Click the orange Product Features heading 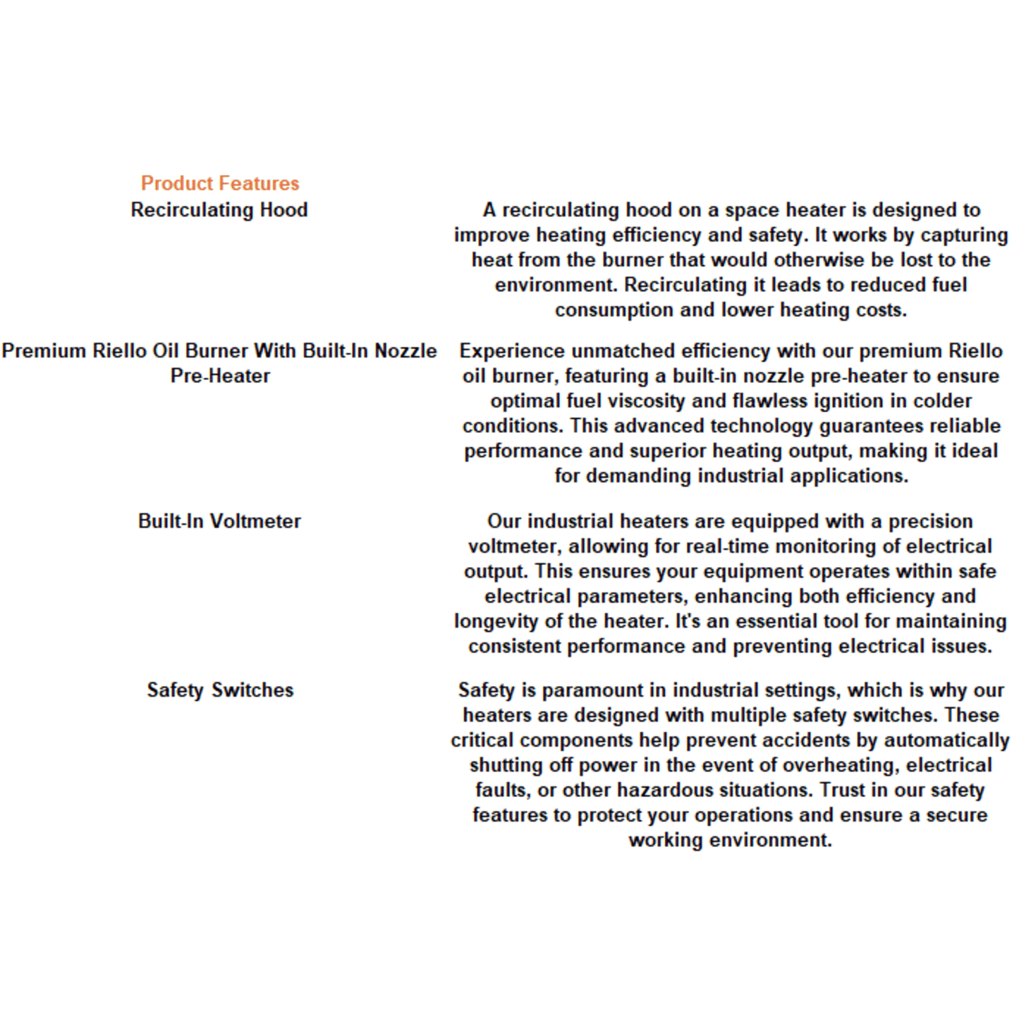point(220,183)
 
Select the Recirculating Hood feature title point(219,210)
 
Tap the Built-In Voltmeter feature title point(219,521)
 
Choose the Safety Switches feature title point(220,690)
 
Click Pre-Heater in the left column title point(220,376)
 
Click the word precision point(930,521)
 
